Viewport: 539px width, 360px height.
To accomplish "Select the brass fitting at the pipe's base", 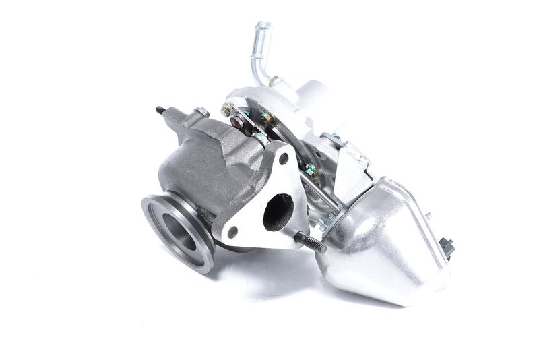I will coord(274,82).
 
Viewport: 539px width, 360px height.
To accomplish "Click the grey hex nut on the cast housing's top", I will coord(201,112).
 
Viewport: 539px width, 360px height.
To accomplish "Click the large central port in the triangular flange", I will coord(278,210).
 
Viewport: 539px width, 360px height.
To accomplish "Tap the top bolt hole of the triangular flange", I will coord(284,159).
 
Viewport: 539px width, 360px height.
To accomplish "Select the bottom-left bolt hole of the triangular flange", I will coord(232,231).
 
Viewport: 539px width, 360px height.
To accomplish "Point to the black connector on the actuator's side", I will coord(446,247).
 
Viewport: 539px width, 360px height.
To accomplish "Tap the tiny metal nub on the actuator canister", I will coord(428,216).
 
